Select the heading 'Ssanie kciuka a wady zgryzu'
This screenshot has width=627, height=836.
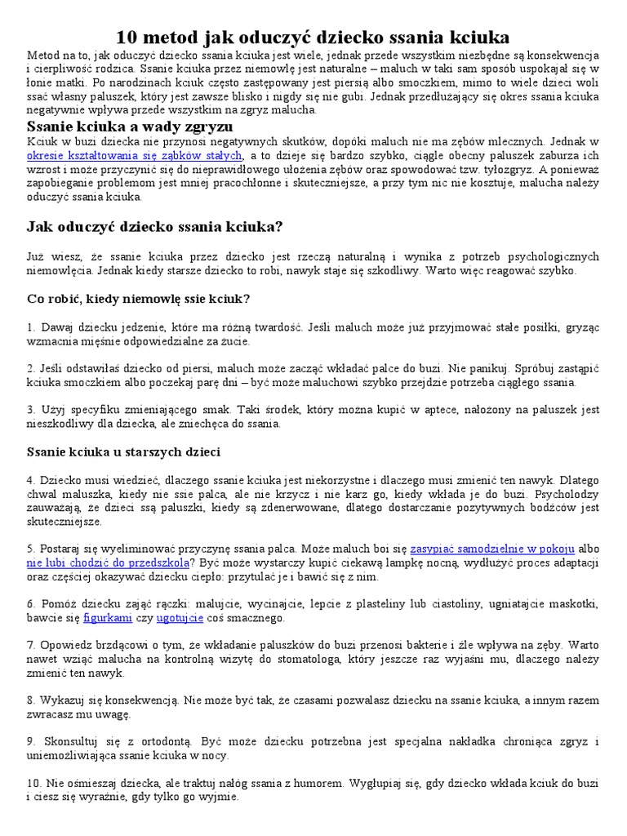click(130, 127)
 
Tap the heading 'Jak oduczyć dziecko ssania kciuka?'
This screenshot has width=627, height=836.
click(155, 226)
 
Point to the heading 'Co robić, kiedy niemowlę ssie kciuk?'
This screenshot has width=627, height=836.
click(138, 299)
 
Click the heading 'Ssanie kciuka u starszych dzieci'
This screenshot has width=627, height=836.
click(123, 451)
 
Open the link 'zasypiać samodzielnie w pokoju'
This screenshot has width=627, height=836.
click(492, 549)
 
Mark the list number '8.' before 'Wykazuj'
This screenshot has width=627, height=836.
click(32, 700)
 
